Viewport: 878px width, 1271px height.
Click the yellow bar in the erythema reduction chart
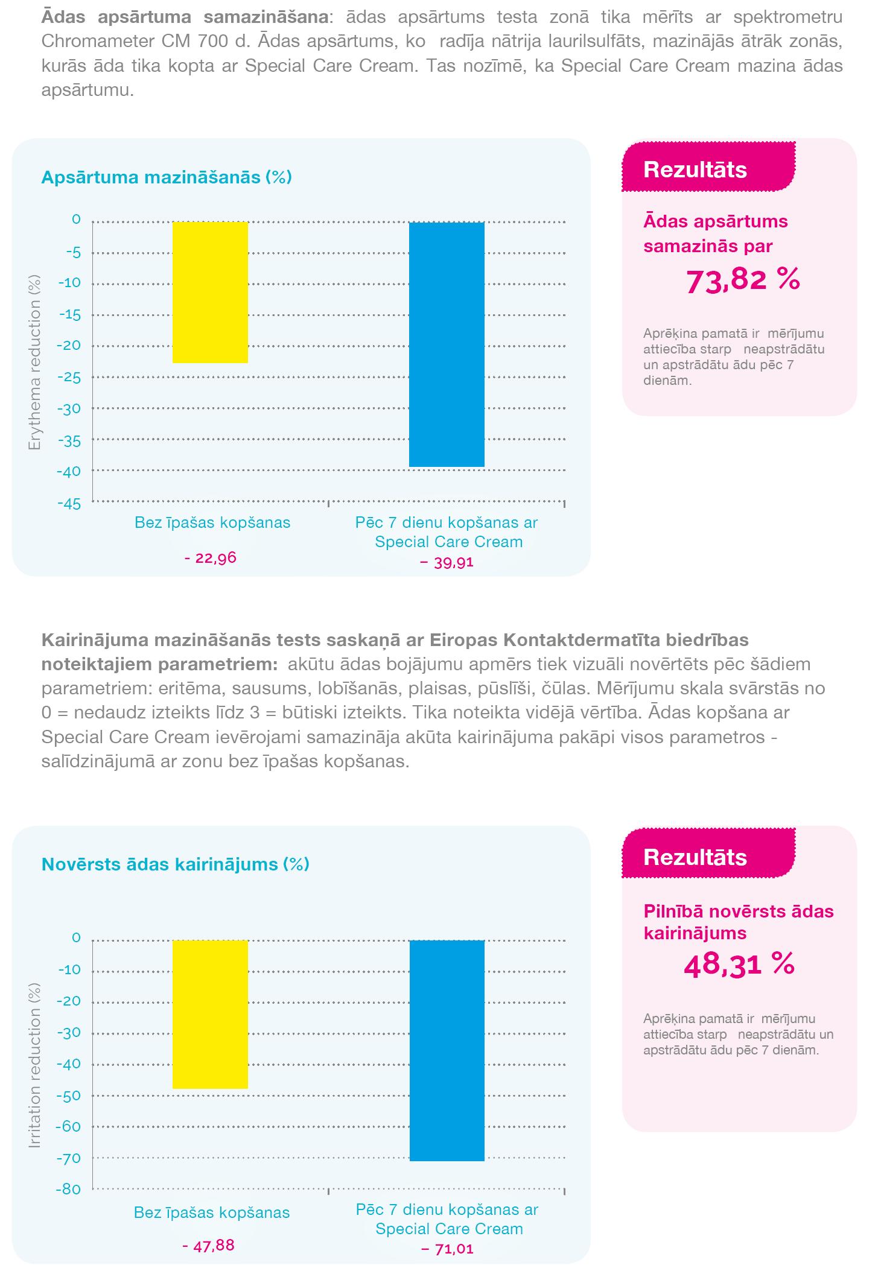(x=210, y=293)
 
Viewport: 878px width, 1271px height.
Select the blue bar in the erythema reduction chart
(x=447, y=344)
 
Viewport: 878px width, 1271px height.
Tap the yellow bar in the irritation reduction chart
(x=210, y=1014)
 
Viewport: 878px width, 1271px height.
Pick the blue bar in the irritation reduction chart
(x=447, y=1050)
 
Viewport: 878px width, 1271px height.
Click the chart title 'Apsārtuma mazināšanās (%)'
(x=167, y=177)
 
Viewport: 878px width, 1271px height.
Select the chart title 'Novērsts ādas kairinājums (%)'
(x=175, y=864)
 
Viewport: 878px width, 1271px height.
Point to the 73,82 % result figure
(x=743, y=281)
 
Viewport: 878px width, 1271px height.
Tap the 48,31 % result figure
(x=739, y=965)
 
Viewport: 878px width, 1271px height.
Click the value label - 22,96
(x=210, y=558)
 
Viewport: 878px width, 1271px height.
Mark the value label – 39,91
(x=446, y=563)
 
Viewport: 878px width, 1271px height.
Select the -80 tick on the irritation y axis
(x=68, y=1190)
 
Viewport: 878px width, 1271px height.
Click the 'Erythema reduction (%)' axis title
(x=35, y=363)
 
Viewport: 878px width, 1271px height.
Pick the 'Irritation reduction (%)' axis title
(x=35, y=1065)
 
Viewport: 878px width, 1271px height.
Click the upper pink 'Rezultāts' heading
(x=695, y=170)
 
